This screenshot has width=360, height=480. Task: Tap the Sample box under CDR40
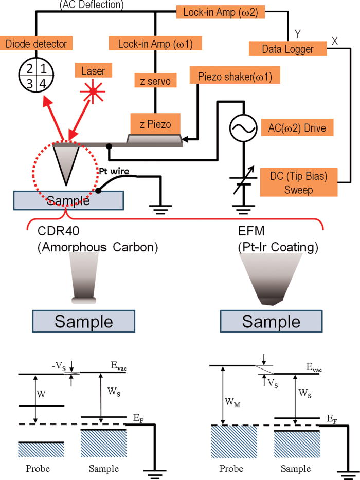(x=83, y=322)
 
